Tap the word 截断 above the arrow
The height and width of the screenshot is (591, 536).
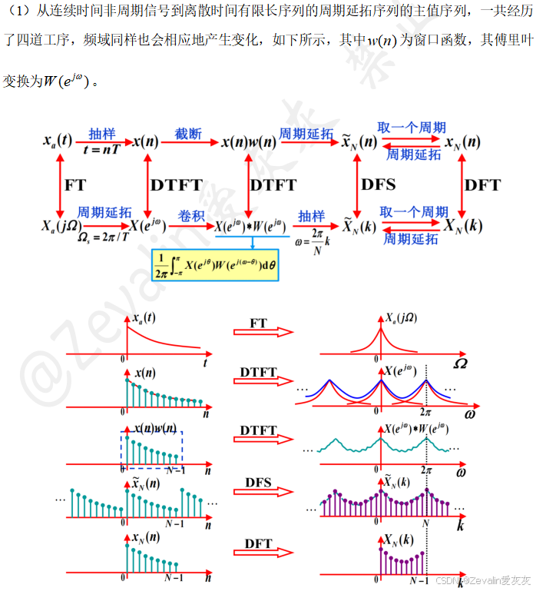click(x=187, y=134)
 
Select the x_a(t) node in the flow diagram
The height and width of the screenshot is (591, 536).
click(x=58, y=142)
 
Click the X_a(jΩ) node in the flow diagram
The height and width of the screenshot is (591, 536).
click(x=61, y=226)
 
